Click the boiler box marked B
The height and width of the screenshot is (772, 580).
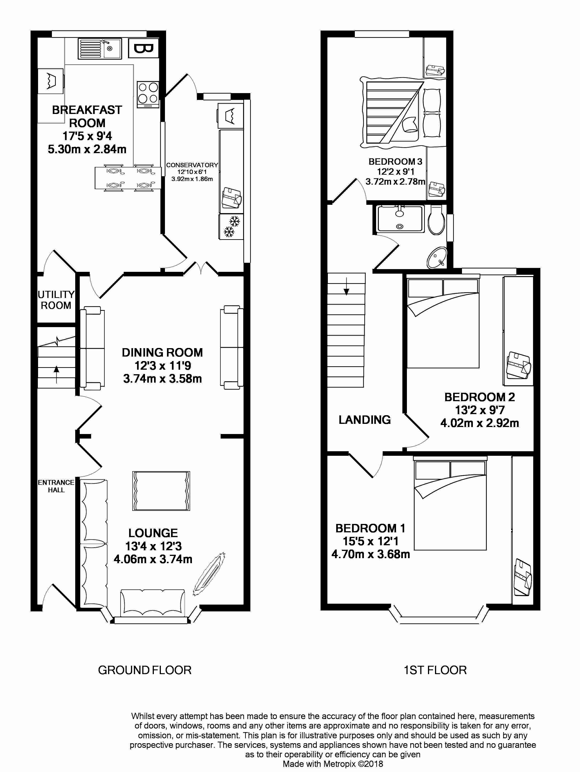point(143,48)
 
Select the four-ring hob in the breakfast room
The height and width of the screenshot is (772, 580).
point(148,94)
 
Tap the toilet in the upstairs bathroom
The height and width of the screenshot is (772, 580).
point(435,220)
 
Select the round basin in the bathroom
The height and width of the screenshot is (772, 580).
point(437,257)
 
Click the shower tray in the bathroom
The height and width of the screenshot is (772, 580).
point(401,218)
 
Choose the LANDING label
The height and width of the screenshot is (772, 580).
point(365,420)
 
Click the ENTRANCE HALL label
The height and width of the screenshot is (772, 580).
point(56,486)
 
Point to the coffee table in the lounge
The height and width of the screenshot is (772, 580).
point(161,491)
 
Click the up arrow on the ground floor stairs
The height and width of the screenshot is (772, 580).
point(56,374)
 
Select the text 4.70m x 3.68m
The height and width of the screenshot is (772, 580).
point(371,554)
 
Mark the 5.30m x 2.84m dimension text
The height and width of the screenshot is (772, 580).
point(87,149)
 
